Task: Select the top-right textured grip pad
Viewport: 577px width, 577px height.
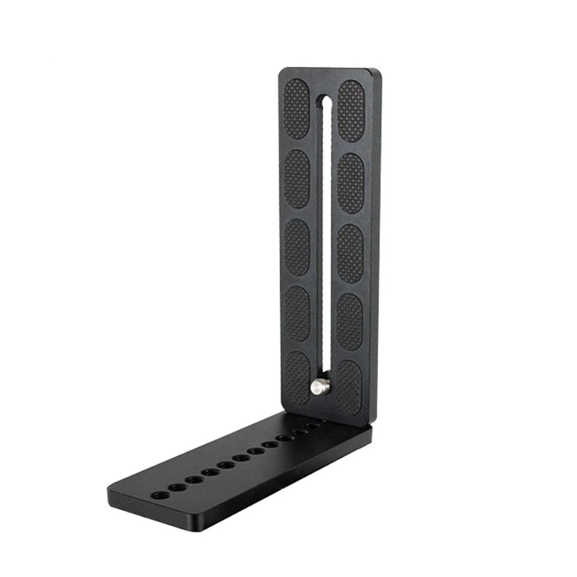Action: pyautogui.click(x=351, y=111)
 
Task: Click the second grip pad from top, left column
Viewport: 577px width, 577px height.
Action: pyautogui.click(x=297, y=179)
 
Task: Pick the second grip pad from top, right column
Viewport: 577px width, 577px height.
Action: pyautogui.click(x=350, y=183)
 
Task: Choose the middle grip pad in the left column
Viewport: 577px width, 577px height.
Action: pyautogui.click(x=297, y=247)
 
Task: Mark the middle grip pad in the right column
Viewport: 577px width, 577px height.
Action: pyautogui.click(x=350, y=253)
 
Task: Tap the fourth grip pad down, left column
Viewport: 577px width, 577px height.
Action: pyautogui.click(x=297, y=313)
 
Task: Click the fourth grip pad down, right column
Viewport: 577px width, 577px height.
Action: pyautogui.click(x=349, y=321)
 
